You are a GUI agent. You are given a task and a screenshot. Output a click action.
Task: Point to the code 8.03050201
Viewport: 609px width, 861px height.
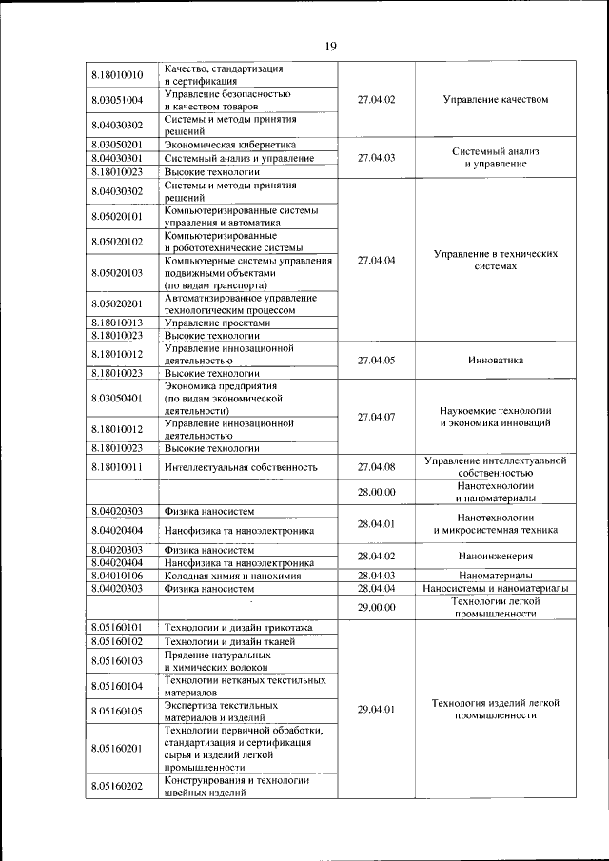coord(118,144)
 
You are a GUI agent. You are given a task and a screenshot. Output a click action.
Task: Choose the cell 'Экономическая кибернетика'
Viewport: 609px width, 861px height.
coord(226,144)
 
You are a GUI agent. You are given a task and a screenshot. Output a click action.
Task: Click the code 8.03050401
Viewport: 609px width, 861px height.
coord(118,398)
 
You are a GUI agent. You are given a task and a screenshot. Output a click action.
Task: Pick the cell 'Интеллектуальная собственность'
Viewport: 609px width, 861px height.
coord(239,467)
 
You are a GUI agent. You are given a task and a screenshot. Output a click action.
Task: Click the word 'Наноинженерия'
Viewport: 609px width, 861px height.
coord(496,556)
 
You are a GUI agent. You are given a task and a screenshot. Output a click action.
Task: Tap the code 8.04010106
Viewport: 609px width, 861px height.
coord(118,576)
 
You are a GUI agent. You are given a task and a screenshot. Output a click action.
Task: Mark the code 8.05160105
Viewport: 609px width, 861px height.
coord(118,711)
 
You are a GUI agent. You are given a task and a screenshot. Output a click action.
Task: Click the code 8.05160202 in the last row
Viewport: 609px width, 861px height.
coord(118,786)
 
